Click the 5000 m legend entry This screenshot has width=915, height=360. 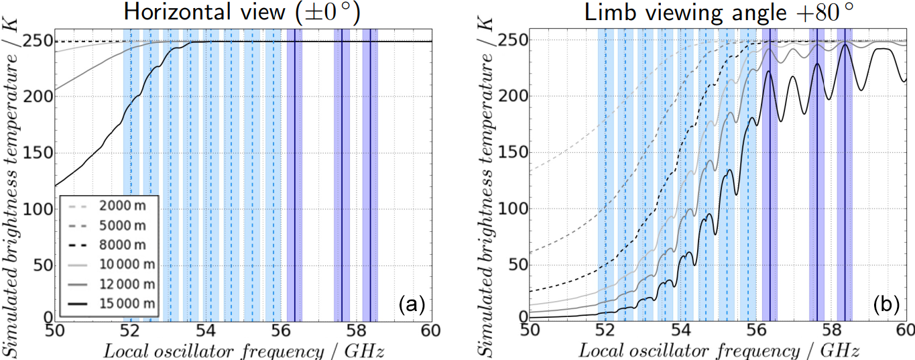127,223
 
